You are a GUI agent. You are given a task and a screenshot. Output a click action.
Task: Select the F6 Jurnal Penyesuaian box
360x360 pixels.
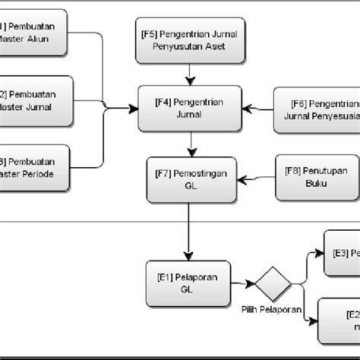point(316,108)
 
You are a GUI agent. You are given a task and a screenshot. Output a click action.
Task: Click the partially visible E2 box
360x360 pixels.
point(338,320)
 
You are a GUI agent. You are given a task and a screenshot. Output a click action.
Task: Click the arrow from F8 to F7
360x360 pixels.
point(254,179)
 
